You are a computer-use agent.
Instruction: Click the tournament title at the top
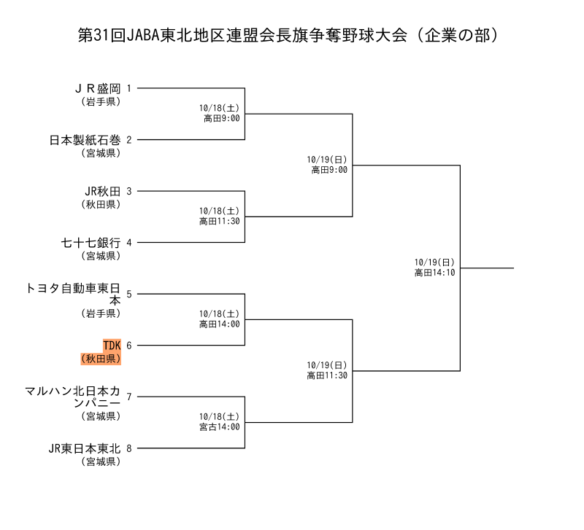pyautogui.click(x=292, y=35)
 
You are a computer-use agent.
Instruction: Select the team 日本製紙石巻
pyautogui.click(x=85, y=139)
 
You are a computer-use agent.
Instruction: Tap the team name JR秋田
pyautogui.click(x=103, y=191)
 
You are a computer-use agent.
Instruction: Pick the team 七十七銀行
pyautogui.click(x=90, y=243)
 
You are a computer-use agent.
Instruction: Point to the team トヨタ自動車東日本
pyautogui.click(x=73, y=294)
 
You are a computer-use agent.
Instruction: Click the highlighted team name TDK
pyautogui.click(x=112, y=346)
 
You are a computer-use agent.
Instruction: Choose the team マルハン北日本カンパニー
pyautogui.click(x=73, y=397)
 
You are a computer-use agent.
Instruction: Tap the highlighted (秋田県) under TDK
pyautogui.click(x=101, y=358)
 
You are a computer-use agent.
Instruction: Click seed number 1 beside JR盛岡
pyautogui.click(x=129, y=88)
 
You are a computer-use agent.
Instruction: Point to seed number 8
pyautogui.click(x=129, y=448)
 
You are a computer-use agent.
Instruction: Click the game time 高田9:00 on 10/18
pyautogui.click(x=222, y=117)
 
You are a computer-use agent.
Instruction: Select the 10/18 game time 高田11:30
pyautogui.click(x=220, y=219)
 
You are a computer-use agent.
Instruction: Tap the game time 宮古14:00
pyautogui.click(x=220, y=426)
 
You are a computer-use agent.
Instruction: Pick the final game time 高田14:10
pyautogui.click(x=435, y=272)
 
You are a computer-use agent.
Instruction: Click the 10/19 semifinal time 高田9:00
pyautogui.click(x=329, y=169)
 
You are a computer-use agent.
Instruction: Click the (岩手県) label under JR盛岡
pyautogui.click(x=101, y=101)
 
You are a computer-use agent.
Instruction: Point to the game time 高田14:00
pyautogui.click(x=220, y=323)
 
